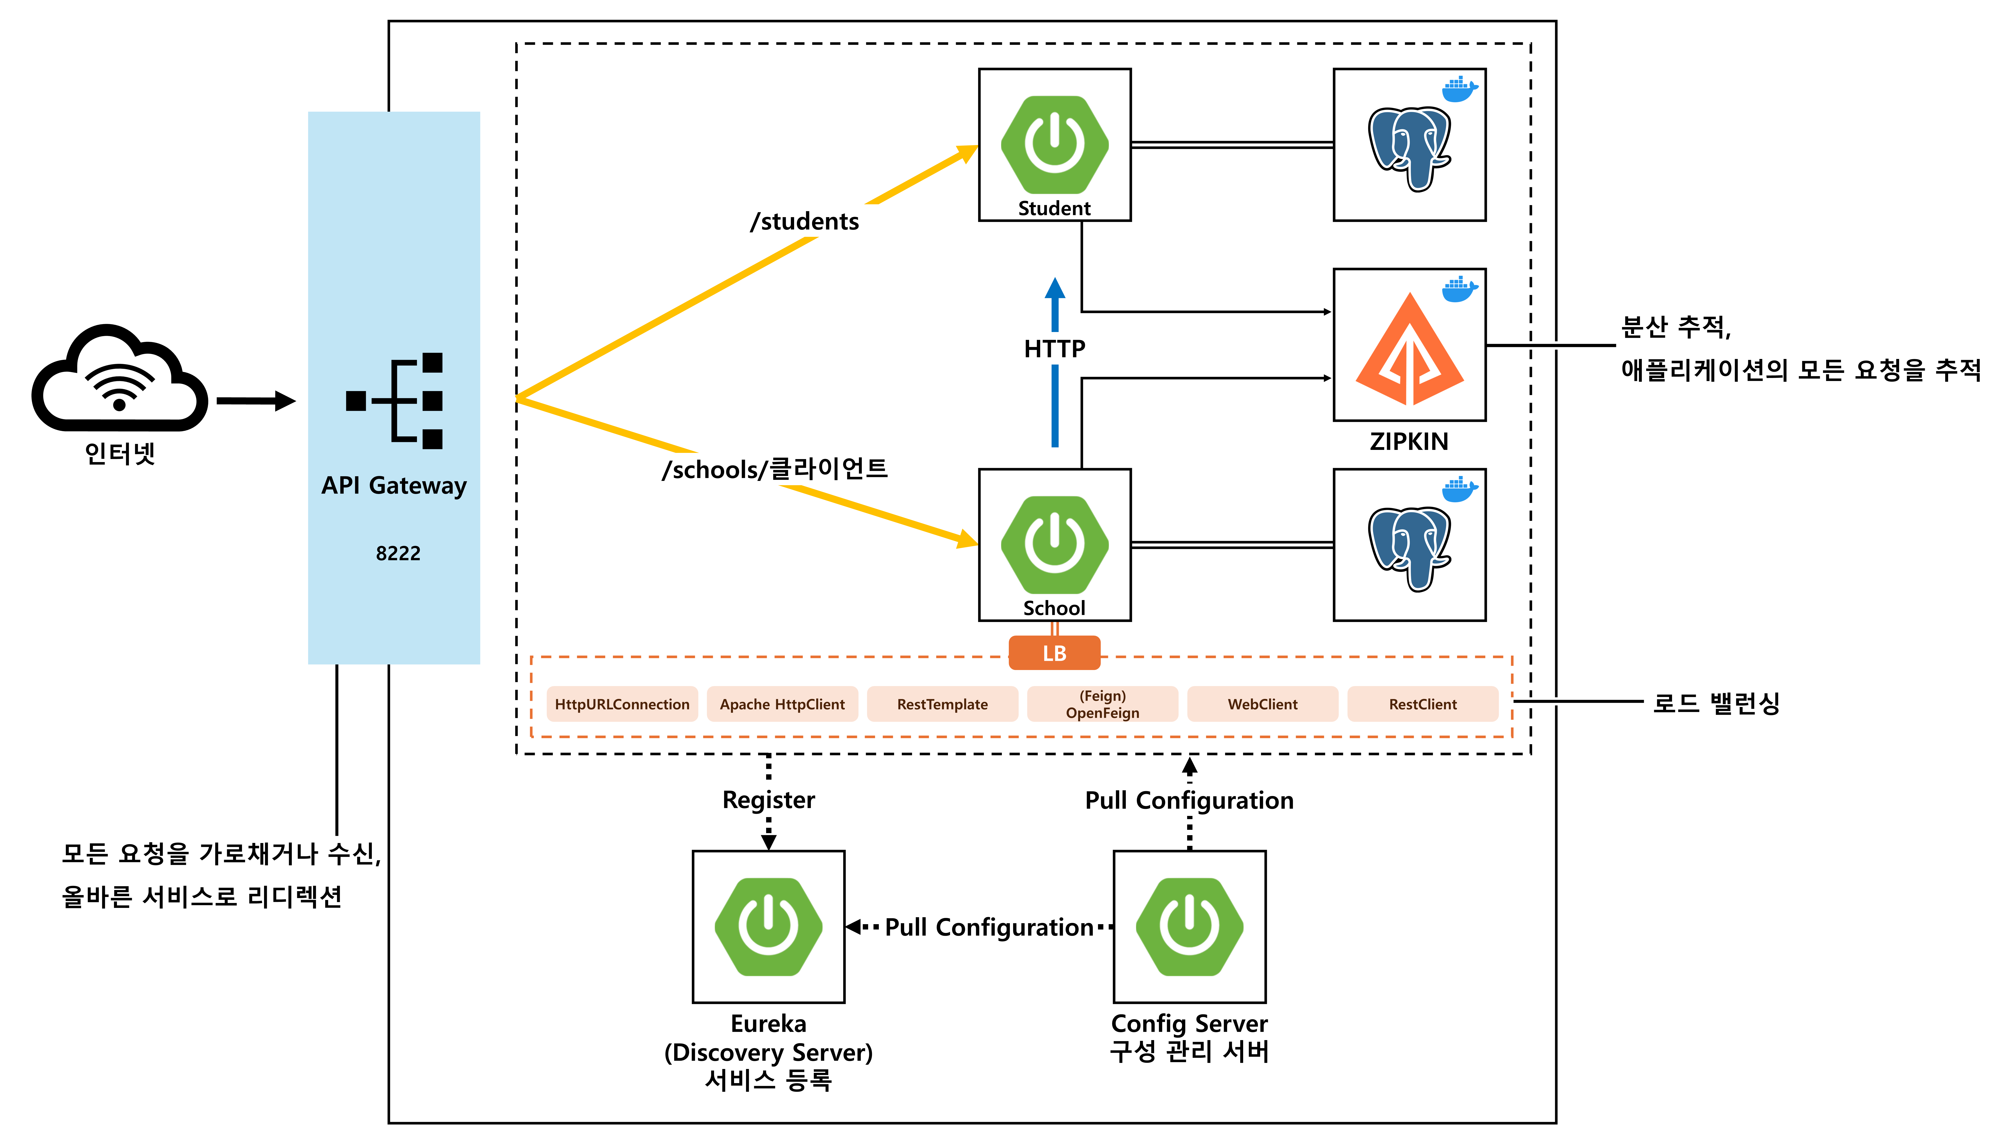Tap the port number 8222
click(x=398, y=553)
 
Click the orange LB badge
click(x=1054, y=653)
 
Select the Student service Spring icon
click(x=1054, y=145)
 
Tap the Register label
click(x=768, y=800)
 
